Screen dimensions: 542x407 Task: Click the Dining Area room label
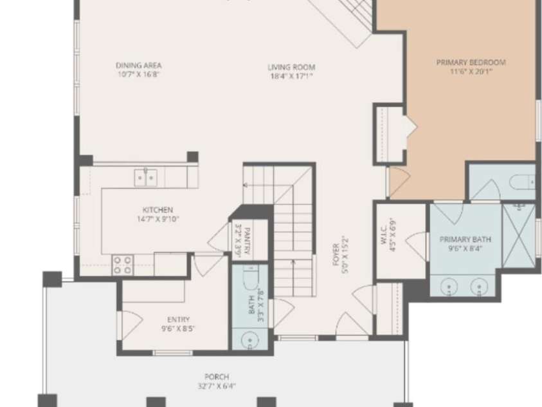click(139, 66)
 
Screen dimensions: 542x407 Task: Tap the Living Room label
click(291, 67)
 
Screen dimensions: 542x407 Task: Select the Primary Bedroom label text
click(471, 62)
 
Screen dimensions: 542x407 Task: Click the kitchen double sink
click(145, 178)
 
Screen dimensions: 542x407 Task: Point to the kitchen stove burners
click(122, 265)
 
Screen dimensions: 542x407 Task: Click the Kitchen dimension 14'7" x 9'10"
click(158, 219)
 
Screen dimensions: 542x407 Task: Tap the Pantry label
click(247, 241)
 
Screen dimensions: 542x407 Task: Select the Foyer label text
click(336, 255)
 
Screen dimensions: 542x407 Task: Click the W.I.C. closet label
click(384, 236)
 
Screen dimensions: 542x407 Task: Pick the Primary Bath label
click(465, 239)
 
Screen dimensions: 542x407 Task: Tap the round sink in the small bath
click(249, 340)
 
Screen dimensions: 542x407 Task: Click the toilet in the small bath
click(250, 277)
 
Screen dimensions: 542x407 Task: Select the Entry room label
click(178, 319)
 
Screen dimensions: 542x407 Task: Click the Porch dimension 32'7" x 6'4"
click(217, 386)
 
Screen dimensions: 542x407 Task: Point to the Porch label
click(217, 377)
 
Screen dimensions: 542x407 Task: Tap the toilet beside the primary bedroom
click(522, 182)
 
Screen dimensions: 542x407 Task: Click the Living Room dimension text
click(291, 76)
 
